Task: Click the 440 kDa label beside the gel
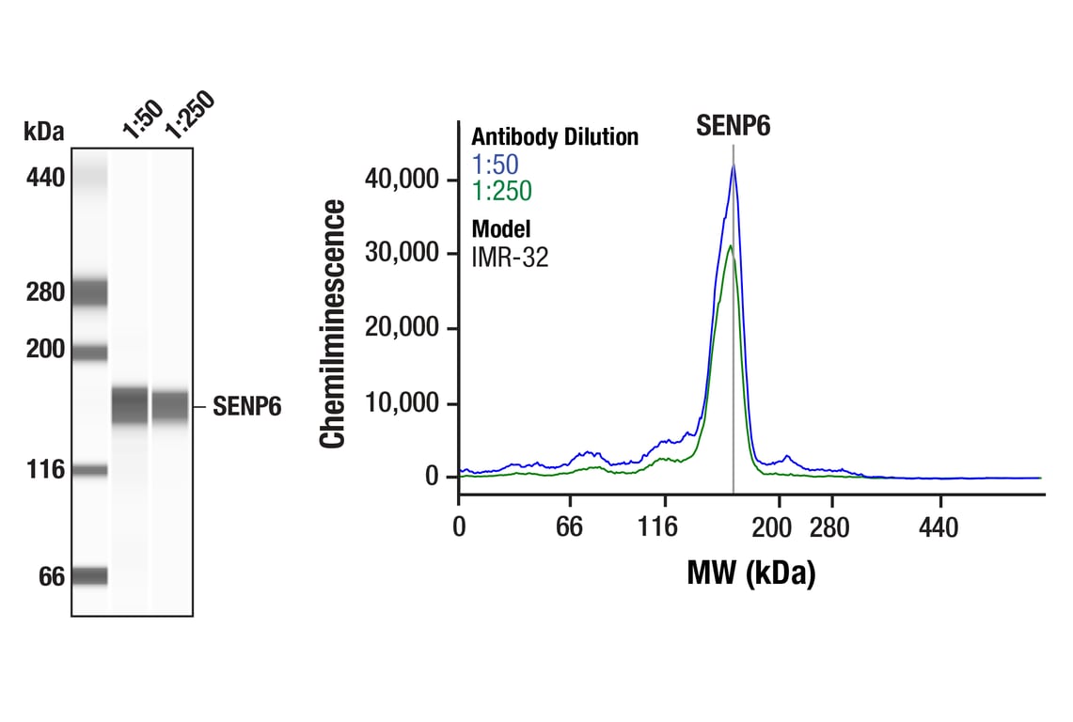pyautogui.click(x=44, y=176)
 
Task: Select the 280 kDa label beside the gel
pyautogui.click(x=44, y=292)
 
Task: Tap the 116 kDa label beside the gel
pyautogui.click(x=46, y=469)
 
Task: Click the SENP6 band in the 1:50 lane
pyautogui.click(x=130, y=406)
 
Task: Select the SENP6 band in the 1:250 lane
pyautogui.click(x=170, y=406)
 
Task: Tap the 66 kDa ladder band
pyautogui.click(x=90, y=575)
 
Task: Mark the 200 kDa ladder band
pyautogui.click(x=90, y=353)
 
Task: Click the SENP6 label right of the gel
pyautogui.click(x=246, y=407)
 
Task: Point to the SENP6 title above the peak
pyautogui.click(x=733, y=126)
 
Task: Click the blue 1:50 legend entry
pyautogui.click(x=495, y=165)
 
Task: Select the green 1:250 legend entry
pyautogui.click(x=501, y=192)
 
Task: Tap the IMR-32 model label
pyautogui.click(x=510, y=256)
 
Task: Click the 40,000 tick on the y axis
pyautogui.click(x=404, y=180)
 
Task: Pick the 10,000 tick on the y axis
pyautogui.click(x=404, y=403)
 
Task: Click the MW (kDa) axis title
pyautogui.click(x=750, y=573)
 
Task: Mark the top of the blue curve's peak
pyautogui.click(x=734, y=165)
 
